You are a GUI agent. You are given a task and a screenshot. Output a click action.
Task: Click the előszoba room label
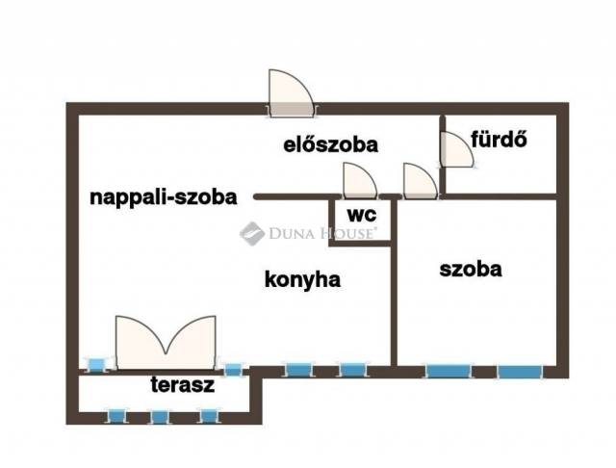[x=329, y=145]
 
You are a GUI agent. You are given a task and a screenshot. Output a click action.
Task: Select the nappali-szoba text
[x=163, y=197]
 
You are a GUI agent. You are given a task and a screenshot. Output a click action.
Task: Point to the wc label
[x=362, y=213]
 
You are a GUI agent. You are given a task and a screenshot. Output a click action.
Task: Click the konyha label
[x=304, y=279]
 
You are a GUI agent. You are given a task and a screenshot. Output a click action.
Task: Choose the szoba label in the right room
[x=471, y=270]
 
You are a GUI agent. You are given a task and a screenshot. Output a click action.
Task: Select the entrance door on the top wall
[x=291, y=93]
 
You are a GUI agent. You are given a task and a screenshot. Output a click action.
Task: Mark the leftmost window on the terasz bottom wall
[x=116, y=416]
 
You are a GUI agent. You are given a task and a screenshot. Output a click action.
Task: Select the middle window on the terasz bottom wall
[x=160, y=416]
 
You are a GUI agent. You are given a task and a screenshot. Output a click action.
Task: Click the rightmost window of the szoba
[x=520, y=369]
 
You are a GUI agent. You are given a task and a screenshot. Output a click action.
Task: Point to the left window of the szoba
[x=447, y=369]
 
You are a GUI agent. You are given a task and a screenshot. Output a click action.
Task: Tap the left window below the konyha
[x=299, y=369]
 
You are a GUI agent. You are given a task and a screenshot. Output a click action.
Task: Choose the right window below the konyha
[x=352, y=369]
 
